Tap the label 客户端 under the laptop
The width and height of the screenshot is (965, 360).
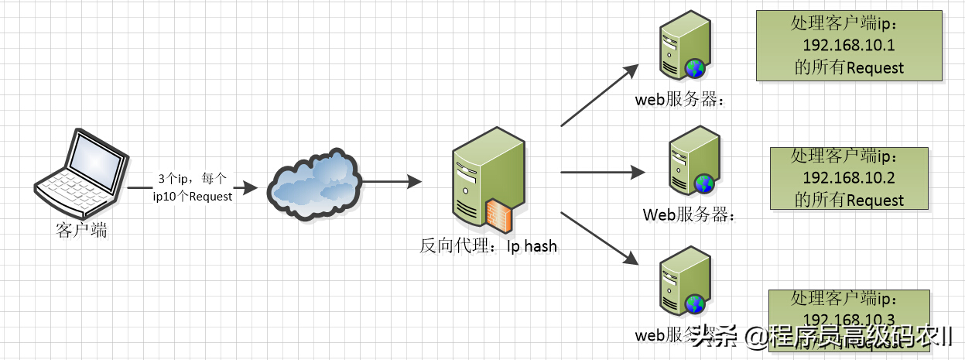[x=81, y=230]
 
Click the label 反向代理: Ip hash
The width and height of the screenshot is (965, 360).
[x=488, y=247]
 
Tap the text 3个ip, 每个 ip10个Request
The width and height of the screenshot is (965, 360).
[x=192, y=187]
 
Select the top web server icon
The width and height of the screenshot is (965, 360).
[x=682, y=51]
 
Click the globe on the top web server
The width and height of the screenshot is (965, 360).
[x=696, y=70]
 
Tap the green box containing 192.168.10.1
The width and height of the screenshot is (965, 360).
[x=849, y=46]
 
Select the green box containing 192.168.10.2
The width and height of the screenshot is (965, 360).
[x=849, y=178]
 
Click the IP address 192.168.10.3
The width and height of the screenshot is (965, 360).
[x=849, y=320]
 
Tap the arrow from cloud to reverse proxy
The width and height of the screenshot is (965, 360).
[x=392, y=183]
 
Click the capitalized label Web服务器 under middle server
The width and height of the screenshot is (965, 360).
[x=688, y=214]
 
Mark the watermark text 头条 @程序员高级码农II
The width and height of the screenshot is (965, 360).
[x=821, y=337]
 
